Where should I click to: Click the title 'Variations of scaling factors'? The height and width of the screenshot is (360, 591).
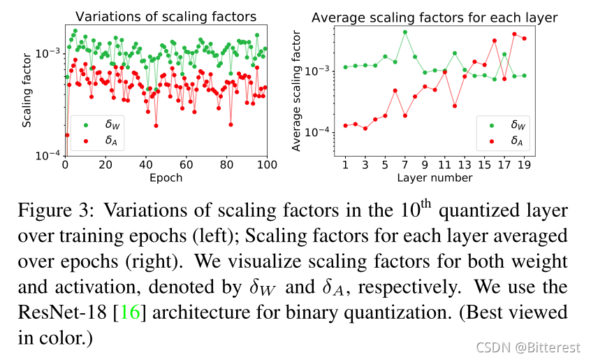pyautogui.click(x=166, y=16)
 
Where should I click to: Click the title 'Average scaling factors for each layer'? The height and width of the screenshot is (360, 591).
pyautogui.click(x=434, y=17)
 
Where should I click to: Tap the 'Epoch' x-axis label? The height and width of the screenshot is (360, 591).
pyautogui.click(x=166, y=178)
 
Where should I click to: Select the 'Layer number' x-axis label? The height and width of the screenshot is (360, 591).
pyautogui.click(x=435, y=178)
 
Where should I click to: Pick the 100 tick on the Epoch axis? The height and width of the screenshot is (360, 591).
pyautogui.click(x=267, y=166)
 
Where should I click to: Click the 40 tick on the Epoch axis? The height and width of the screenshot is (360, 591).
pyautogui.click(x=145, y=166)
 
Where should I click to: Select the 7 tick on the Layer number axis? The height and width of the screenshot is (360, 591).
pyautogui.click(x=404, y=166)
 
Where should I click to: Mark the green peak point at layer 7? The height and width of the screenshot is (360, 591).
pyautogui.click(x=404, y=32)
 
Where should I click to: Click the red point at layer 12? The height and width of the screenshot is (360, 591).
pyautogui.click(x=454, y=106)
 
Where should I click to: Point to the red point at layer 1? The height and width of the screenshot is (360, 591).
pyautogui.click(x=345, y=126)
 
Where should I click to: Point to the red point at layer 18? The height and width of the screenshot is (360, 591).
pyautogui.click(x=514, y=34)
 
